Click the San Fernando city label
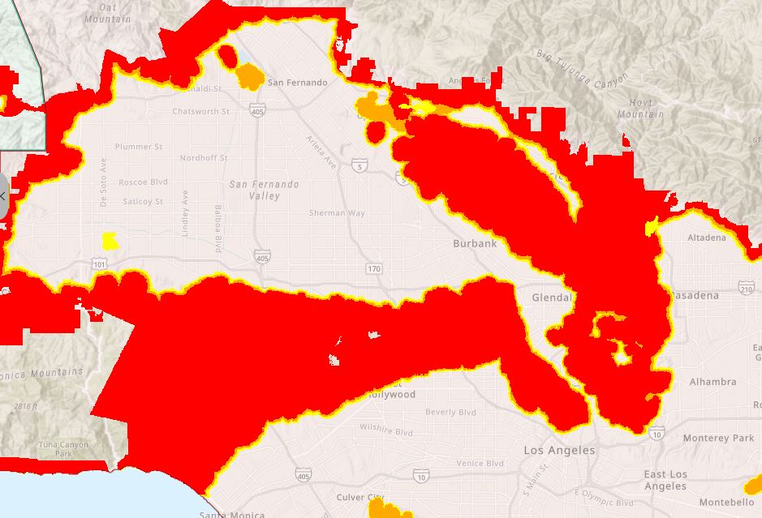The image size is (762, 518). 298,83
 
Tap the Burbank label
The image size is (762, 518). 475,243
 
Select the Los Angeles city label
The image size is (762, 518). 559,450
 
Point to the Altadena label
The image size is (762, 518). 707,238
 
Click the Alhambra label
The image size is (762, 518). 712,382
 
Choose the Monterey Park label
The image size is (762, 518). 718,438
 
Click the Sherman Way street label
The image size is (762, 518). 337,213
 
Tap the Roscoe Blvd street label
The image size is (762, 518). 143,182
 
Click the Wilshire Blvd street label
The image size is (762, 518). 386,428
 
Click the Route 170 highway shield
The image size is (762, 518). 373,268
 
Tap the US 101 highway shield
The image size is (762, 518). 100,263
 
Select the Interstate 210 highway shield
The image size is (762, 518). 747,288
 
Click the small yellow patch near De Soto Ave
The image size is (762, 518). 109,241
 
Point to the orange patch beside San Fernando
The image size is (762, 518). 250,77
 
